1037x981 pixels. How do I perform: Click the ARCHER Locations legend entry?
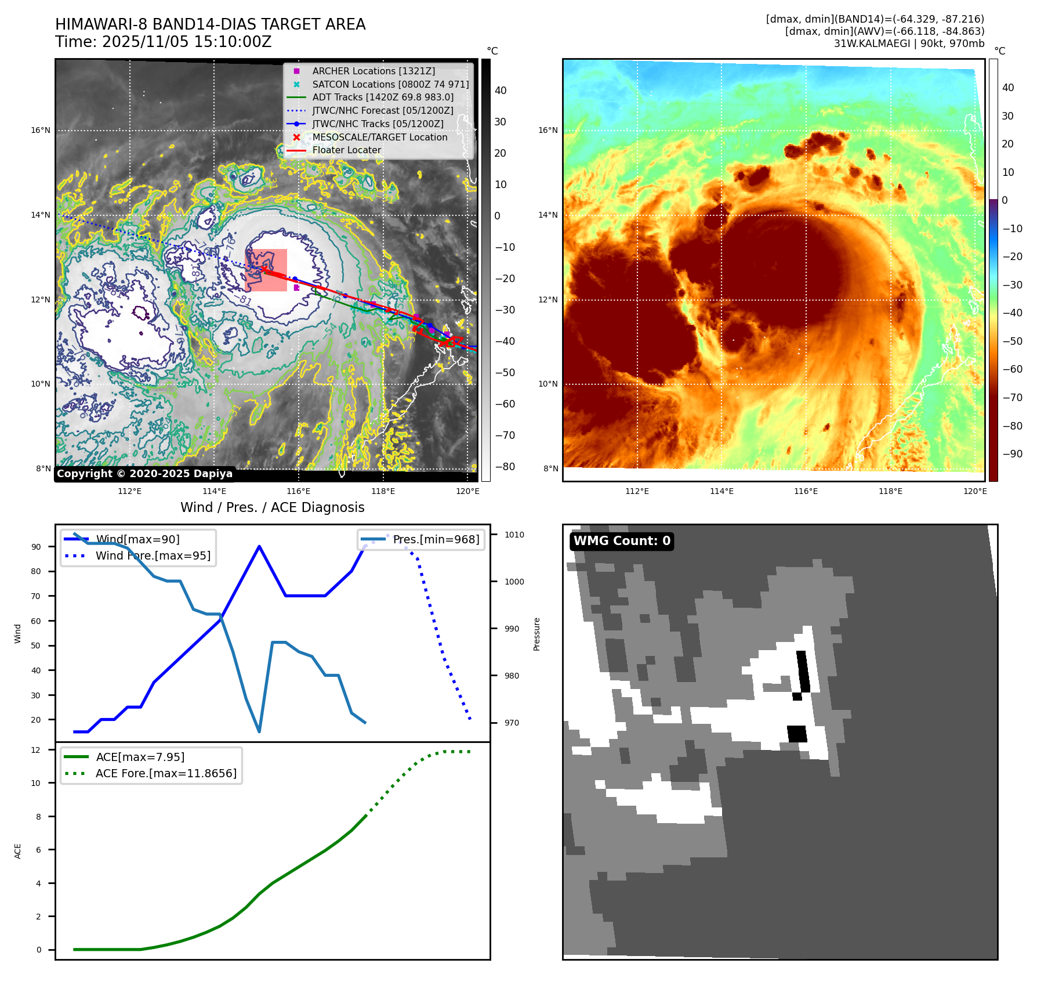click(373, 71)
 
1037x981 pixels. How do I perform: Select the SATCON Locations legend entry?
click(390, 84)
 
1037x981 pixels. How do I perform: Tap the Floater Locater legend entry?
click(346, 150)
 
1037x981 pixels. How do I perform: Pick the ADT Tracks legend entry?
click(382, 97)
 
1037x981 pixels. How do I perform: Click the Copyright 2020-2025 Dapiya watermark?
click(144, 474)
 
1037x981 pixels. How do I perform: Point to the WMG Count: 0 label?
click(622, 541)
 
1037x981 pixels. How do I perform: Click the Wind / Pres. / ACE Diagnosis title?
click(272, 507)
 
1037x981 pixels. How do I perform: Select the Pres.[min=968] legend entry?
click(436, 539)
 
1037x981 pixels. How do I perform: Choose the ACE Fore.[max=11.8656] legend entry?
click(165, 773)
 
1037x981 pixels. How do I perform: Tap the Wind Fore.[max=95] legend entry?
click(153, 556)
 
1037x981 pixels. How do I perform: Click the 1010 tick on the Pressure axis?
click(514, 535)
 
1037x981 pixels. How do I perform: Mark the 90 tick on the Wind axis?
click(37, 547)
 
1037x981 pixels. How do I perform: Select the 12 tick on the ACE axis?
click(36, 750)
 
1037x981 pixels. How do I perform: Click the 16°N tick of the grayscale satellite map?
click(41, 130)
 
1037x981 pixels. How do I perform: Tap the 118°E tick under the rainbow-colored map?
click(890, 491)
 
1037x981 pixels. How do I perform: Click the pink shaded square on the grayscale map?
click(267, 270)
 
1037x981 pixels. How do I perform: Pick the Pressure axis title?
click(536, 634)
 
